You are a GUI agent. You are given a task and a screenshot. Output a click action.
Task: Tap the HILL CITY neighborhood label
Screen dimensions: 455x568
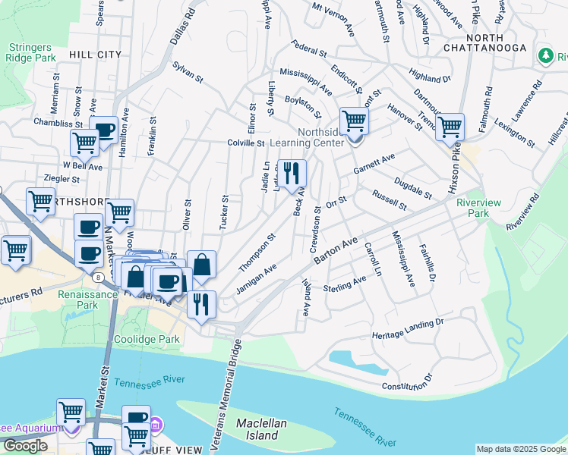click(95, 55)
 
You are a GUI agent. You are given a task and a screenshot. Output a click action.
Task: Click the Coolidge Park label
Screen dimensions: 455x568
click(147, 339)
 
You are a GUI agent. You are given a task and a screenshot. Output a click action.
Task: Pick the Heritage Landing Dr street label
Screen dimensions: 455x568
click(407, 329)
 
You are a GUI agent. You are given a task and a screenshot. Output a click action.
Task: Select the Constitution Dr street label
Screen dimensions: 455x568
click(407, 382)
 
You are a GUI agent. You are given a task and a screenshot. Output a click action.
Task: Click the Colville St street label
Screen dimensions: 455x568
click(245, 143)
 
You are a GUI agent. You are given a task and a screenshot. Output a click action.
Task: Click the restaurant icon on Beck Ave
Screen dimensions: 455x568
click(292, 174)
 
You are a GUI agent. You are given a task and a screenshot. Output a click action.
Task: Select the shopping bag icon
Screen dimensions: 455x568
click(201, 265)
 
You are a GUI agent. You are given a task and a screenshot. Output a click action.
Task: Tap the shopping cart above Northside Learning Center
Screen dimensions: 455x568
click(354, 121)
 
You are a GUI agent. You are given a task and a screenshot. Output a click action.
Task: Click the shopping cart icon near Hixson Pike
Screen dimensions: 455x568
click(450, 127)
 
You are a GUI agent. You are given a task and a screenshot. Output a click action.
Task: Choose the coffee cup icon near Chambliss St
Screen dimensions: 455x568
click(103, 130)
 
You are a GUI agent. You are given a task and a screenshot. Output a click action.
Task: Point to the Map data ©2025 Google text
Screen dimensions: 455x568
click(520, 449)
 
